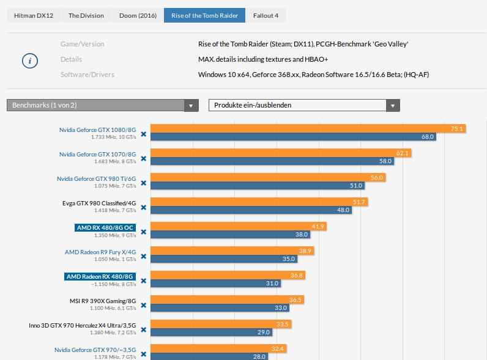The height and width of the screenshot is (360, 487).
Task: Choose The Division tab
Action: [x=86, y=15]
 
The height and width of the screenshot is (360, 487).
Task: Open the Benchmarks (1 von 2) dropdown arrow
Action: [x=191, y=106]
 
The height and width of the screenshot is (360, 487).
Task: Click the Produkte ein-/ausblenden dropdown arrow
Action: [x=393, y=106]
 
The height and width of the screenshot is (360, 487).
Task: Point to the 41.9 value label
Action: [x=318, y=226]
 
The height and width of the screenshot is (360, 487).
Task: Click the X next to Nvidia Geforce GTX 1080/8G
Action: [x=144, y=134]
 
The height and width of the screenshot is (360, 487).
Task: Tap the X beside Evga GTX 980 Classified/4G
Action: [x=144, y=207]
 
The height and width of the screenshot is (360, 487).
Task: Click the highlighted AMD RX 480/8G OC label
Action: [x=105, y=227]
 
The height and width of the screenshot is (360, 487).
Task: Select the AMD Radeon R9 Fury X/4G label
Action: [x=100, y=252]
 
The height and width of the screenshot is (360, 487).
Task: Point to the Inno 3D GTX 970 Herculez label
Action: [x=83, y=325]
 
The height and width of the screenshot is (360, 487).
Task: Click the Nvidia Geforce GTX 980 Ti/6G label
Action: [x=96, y=178]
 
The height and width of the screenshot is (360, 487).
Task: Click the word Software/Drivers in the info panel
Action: [x=87, y=75]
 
